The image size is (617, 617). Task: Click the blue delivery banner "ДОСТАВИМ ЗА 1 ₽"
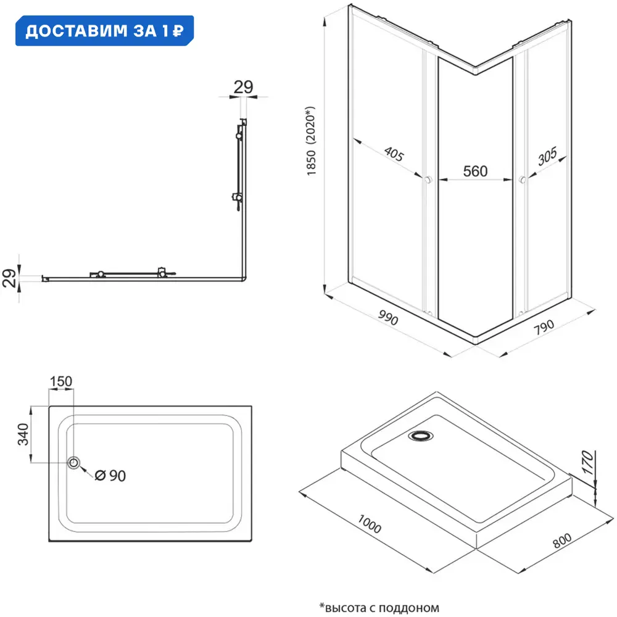click(x=104, y=31)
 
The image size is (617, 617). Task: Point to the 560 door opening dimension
click(x=475, y=171)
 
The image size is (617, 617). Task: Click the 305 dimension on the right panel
click(x=548, y=159)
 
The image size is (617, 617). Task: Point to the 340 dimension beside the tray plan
click(x=22, y=435)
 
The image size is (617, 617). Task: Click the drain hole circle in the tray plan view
click(x=75, y=463)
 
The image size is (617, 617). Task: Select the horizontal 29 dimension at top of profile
click(x=244, y=87)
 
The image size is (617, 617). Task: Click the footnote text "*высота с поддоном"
click(x=379, y=607)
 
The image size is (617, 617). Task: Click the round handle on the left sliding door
click(x=426, y=180)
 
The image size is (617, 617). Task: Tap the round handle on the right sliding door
click(x=523, y=180)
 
